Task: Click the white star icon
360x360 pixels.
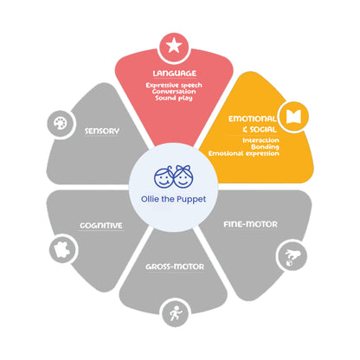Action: [174, 46]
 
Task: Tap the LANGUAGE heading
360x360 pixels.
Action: [175, 74]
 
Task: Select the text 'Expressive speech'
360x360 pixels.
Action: [174, 85]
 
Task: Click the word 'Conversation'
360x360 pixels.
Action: [174, 92]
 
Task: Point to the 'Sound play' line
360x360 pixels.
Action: [174, 98]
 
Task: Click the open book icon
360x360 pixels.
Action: [293, 117]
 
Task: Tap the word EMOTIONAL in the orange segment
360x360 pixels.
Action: [253, 119]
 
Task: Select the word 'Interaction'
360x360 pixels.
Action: [260, 140]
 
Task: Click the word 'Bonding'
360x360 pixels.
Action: [265, 147]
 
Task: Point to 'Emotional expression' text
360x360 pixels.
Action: [244, 153]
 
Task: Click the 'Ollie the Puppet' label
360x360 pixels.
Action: [173, 199]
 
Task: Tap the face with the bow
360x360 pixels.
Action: [183, 177]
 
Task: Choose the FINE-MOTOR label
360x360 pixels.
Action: [250, 224]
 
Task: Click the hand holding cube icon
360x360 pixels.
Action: [292, 257]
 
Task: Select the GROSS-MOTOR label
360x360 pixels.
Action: [175, 267]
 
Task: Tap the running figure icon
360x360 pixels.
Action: [176, 313]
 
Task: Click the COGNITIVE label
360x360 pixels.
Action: [101, 225]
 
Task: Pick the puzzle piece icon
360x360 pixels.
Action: [62, 249]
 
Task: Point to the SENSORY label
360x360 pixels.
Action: [102, 131]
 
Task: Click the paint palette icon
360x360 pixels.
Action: [61, 124]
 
